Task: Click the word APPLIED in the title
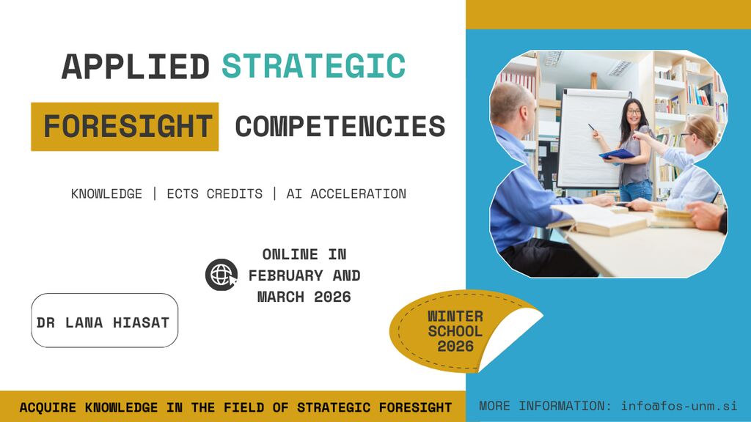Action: tap(136, 66)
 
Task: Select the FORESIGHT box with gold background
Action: tap(125, 126)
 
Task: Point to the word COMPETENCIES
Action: tap(340, 126)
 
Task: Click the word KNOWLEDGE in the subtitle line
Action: tap(106, 193)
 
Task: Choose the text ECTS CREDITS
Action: tap(215, 193)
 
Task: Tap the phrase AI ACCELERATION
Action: tap(346, 193)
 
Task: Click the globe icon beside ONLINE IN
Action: tap(221, 275)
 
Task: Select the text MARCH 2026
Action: tap(304, 297)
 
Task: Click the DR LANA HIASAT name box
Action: tap(104, 320)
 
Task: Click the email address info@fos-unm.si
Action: tap(678, 406)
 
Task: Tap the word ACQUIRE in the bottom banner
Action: tap(48, 407)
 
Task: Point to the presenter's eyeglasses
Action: tap(633, 112)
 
